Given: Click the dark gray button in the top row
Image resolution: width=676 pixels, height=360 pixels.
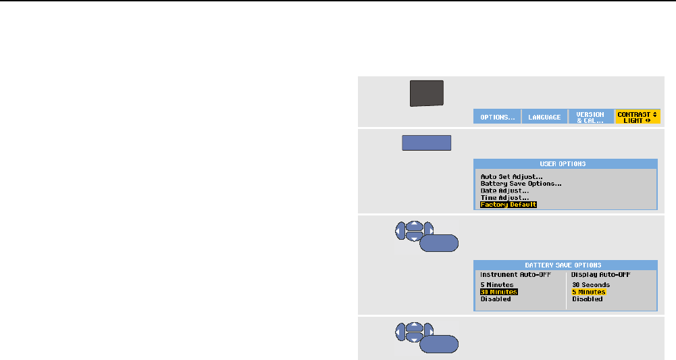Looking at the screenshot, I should click(x=427, y=93).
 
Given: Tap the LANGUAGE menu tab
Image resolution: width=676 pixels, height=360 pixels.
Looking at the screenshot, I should click(x=544, y=117).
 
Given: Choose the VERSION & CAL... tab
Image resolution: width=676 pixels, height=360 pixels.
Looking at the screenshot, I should click(x=590, y=116).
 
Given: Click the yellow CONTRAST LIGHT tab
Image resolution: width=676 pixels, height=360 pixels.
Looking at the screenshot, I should click(x=638, y=116).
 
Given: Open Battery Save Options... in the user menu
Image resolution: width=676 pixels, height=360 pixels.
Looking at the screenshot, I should click(x=521, y=184).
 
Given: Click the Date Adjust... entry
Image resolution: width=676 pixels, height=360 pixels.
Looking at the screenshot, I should click(x=504, y=190).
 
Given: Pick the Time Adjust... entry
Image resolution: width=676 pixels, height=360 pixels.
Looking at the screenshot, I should click(x=504, y=197).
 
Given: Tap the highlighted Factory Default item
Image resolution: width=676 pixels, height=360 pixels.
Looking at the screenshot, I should click(x=508, y=204).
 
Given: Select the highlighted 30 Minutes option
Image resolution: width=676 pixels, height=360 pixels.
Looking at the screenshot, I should click(x=498, y=292).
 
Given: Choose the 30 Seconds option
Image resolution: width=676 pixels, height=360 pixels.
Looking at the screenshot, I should click(x=590, y=285).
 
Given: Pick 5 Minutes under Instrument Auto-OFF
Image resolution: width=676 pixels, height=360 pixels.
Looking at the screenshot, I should click(x=496, y=285).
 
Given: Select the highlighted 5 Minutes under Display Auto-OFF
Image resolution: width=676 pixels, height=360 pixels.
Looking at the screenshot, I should click(x=588, y=292).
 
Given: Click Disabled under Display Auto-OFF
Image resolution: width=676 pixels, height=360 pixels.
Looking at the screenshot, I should click(x=587, y=299).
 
